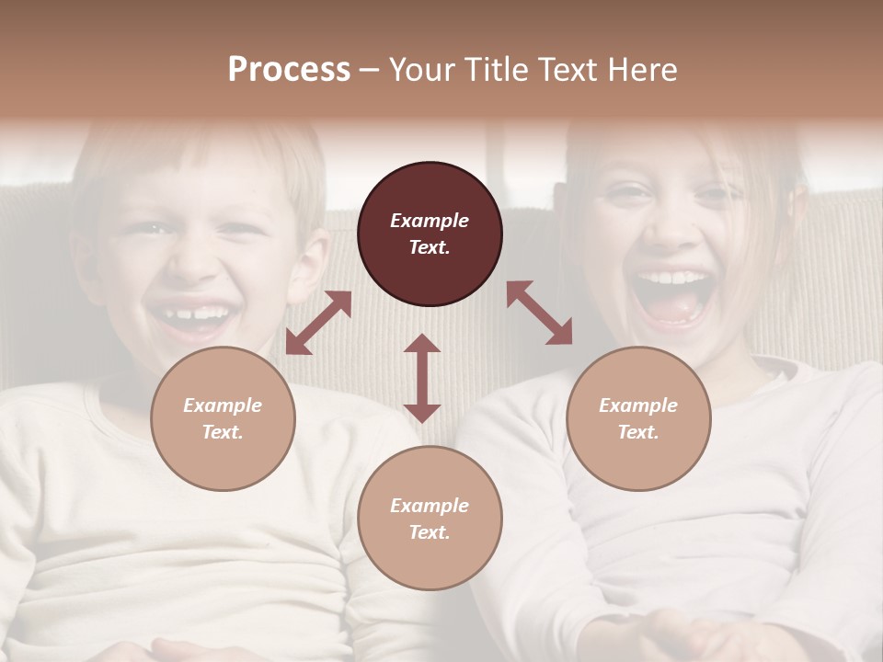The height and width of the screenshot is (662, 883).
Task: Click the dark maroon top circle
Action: coord(430,234)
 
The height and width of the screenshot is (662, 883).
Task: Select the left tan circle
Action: coord(223,419)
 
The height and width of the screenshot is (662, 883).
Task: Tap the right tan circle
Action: coord(638,419)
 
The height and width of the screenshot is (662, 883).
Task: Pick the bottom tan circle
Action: coord(430,519)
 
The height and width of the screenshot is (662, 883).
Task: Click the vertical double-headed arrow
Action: coord(422,378)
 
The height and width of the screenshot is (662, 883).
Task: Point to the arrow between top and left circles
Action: coord(318,323)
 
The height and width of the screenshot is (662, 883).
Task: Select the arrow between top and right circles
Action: coord(540,314)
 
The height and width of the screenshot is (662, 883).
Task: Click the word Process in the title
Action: coord(289,70)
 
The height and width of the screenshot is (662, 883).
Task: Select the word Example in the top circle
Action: coord(430,221)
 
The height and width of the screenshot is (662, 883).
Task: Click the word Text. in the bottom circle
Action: coord(430,532)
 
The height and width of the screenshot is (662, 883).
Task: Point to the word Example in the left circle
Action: coord(223,405)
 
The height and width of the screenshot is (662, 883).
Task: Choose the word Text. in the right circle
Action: coord(638,432)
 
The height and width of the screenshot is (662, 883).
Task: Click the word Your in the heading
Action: coord(419,70)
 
